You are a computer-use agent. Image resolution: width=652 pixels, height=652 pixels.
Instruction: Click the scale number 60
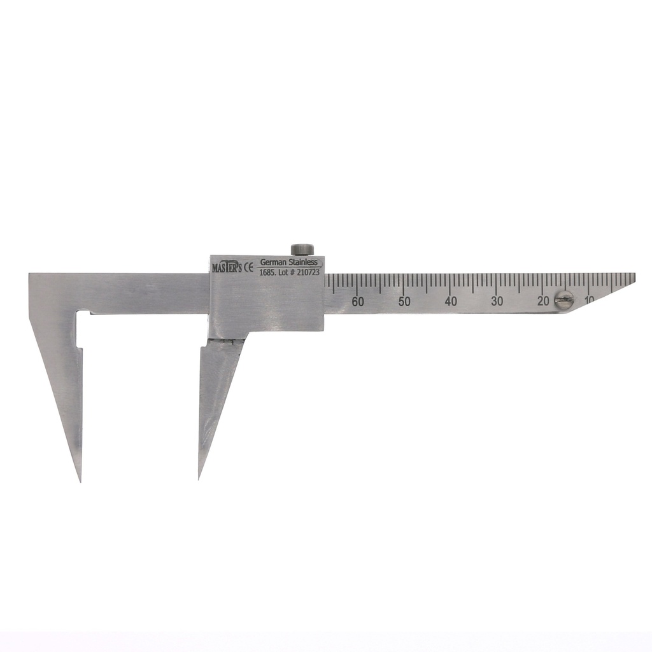(358, 301)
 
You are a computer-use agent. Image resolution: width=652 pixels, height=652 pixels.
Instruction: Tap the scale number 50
(404, 301)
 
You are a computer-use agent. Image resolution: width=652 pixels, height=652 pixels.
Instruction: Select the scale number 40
(451, 301)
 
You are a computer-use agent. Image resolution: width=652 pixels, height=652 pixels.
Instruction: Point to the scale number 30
(497, 301)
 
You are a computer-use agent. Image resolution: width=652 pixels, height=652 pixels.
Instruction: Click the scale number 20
(543, 301)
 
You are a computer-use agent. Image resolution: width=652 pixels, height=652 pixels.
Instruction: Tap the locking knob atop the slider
(302, 249)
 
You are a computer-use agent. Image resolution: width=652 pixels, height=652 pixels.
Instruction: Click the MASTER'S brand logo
(227, 267)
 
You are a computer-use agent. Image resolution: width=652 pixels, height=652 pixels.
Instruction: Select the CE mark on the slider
(248, 267)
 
